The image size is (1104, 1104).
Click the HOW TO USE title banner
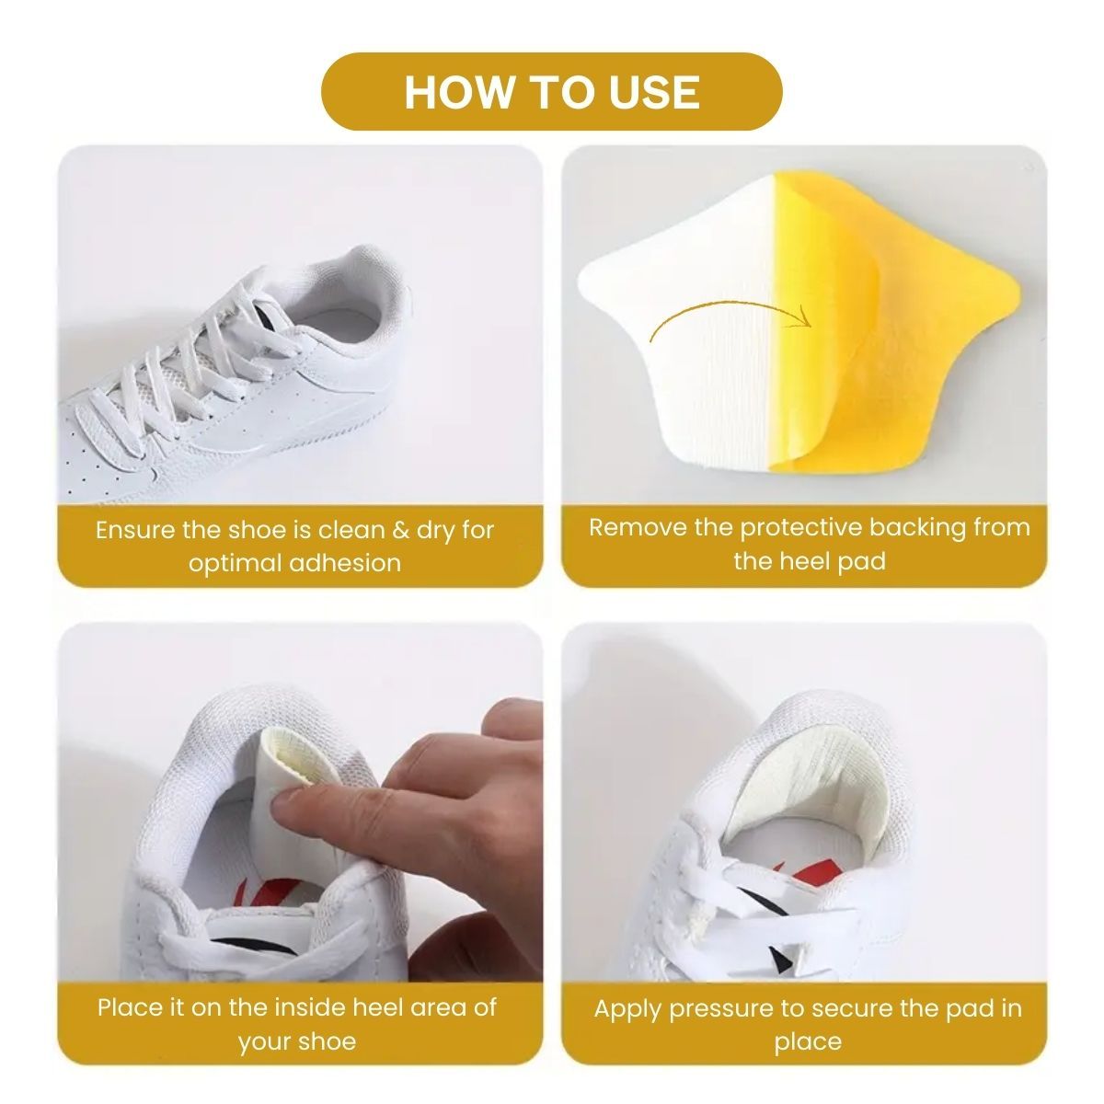coord(552,91)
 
